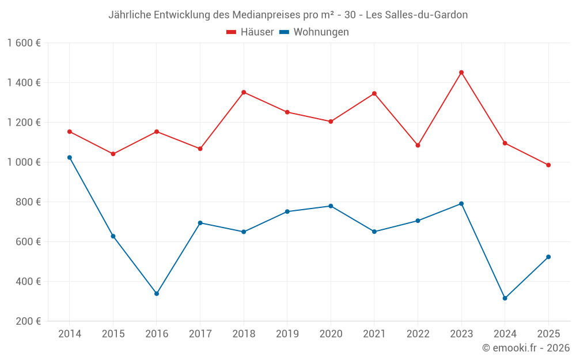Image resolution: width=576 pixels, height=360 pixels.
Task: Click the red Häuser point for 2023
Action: [x=461, y=73]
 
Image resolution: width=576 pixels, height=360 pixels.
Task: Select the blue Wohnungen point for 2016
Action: [x=157, y=294]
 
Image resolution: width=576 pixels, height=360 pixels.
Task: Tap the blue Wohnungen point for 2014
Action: [x=70, y=157]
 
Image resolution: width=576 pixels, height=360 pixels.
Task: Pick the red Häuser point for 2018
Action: [x=244, y=92]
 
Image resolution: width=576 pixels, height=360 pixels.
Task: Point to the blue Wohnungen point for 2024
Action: [x=505, y=298]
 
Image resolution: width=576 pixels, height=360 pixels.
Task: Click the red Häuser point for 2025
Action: [x=548, y=165]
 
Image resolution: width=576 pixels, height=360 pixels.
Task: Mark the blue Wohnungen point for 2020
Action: [x=331, y=206]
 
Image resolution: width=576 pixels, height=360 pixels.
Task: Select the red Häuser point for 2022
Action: [x=418, y=145]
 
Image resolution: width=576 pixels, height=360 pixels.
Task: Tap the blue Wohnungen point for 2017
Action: [x=200, y=223]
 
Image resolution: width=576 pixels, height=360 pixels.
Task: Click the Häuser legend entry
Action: [x=250, y=32]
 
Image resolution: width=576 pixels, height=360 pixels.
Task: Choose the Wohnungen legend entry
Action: [x=314, y=32]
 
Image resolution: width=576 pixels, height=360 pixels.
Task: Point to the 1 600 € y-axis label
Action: [x=24, y=43]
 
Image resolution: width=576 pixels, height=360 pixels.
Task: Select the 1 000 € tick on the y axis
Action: [x=24, y=162]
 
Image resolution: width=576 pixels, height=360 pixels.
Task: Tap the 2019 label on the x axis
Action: [x=287, y=334]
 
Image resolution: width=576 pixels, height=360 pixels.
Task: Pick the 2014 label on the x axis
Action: [x=70, y=334]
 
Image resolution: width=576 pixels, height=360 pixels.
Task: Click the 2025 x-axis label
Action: [x=548, y=334]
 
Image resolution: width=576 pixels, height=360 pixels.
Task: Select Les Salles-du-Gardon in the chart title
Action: [x=416, y=15]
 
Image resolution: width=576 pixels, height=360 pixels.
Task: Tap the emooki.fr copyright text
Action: [x=526, y=348]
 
